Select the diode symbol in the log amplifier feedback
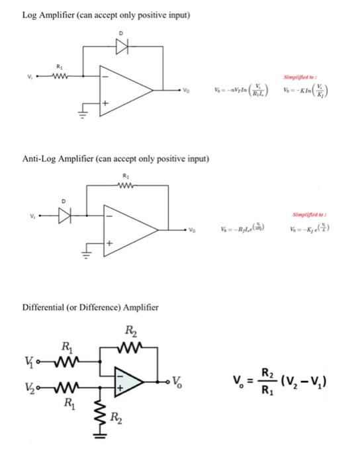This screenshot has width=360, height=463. click(x=121, y=48)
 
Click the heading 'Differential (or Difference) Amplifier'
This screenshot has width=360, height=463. click(x=91, y=308)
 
